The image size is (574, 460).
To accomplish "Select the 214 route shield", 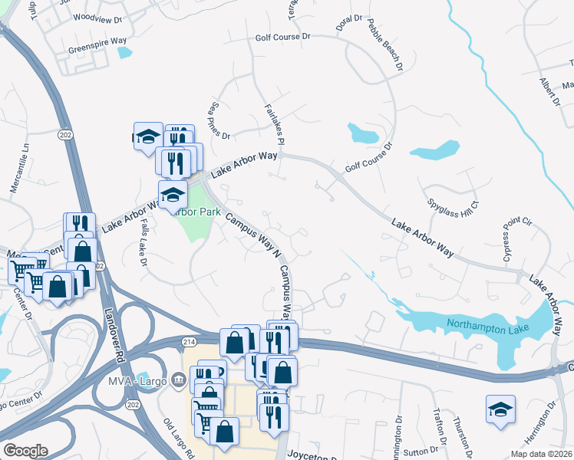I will (189, 340).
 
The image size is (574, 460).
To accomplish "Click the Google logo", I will (25, 451).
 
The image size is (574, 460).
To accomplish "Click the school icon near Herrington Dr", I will (500, 409).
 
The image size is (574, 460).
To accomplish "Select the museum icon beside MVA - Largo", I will (178, 378).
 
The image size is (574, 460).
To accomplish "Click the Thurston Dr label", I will (463, 433).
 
